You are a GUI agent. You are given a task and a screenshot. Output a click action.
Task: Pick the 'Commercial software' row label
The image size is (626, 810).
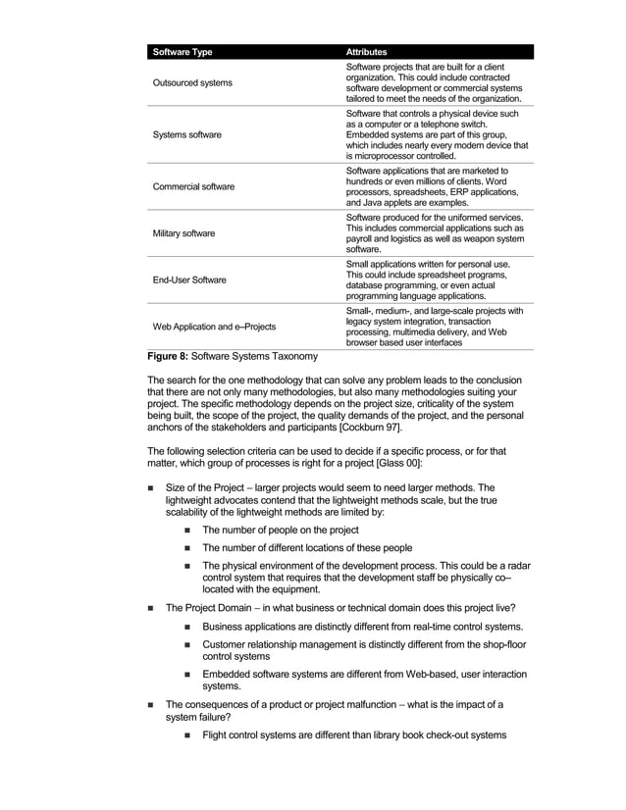click(194, 186)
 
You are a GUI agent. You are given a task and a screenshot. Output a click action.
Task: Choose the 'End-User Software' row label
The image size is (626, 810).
click(188, 279)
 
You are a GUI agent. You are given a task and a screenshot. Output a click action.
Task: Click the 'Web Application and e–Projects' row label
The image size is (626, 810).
click(213, 326)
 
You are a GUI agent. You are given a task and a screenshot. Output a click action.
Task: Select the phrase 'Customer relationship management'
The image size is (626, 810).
click(287, 645)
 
